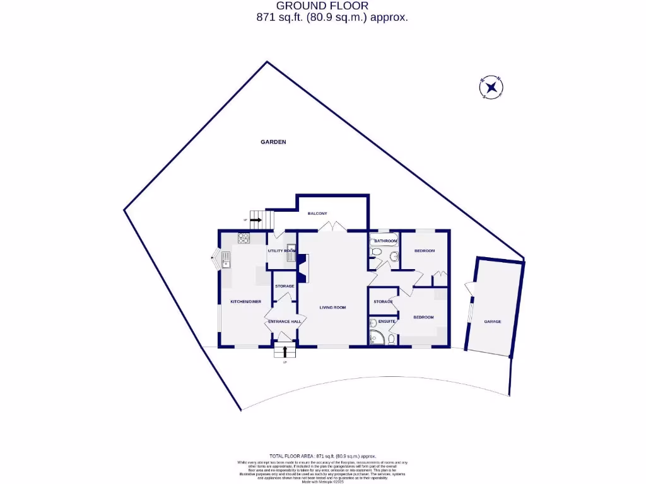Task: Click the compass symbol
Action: [x=491, y=88]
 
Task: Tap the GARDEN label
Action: [x=273, y=142]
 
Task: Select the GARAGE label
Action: [x=493, y=321]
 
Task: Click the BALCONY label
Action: [x=317, y=214]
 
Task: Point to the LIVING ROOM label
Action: [x=332, y=308]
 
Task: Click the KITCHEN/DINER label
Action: [x=245, y=302]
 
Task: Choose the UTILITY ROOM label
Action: [x=281, y=251]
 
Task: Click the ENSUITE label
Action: [x=387, y=321]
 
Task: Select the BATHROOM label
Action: [x=385, y=241]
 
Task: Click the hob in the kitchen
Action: [x=244, y=238]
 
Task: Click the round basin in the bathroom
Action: [x=394, y=256]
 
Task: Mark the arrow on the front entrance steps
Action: [x=284, y=351]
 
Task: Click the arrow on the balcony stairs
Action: [x=255, y=220]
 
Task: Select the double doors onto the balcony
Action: [x=334, y=226]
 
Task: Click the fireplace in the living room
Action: [x=302, y=268]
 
